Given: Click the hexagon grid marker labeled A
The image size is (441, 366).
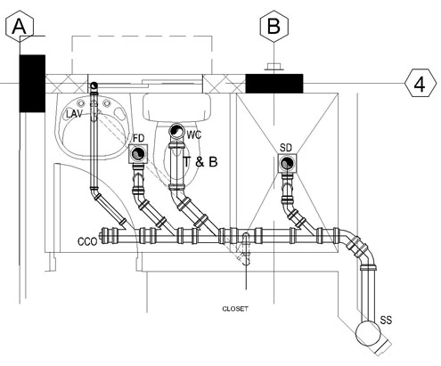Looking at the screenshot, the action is pos(20,26).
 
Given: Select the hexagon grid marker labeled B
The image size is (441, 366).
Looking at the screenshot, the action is pos(274,26).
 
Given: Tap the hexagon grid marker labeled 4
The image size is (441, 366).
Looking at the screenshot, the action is pos(421,83).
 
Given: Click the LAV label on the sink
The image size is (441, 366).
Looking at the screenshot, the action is pos(74,114).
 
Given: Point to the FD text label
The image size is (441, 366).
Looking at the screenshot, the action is pos(138,138).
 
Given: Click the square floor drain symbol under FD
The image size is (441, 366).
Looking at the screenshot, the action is pos(138,153).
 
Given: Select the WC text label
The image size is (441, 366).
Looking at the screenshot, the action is pos(194,135).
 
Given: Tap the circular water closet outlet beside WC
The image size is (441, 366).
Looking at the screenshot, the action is pos(176,131).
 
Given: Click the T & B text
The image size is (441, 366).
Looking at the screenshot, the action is pos(200,162).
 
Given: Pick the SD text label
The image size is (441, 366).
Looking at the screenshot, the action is pos(286,148).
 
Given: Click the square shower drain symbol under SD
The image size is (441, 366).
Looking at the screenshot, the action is pos(287,163).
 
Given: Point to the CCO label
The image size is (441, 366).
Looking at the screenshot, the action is pos(87,241).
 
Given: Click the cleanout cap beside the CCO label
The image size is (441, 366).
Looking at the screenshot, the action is pos(102,236).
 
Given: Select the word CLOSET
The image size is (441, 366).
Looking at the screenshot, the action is pos(235,309).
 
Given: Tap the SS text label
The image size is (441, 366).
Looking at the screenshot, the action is pos(386,320).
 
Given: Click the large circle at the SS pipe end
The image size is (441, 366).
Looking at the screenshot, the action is pos(368,333).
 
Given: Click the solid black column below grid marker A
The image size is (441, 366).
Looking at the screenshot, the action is pos(32,84).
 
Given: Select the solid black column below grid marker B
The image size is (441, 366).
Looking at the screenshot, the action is pos(274,84).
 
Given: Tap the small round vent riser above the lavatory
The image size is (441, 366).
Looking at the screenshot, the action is pos(94,85).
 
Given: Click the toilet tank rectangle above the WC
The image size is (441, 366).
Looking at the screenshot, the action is pos(176,107).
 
